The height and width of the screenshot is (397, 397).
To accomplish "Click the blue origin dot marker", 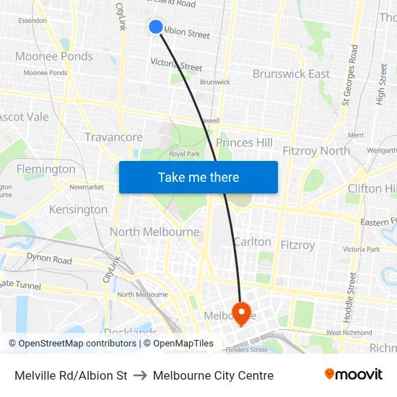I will pos(156,27).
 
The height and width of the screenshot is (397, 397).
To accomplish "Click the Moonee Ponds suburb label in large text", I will pos(54,56).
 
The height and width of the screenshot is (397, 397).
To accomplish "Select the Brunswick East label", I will pos(291,74).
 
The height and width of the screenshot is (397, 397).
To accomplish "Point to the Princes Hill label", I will pos(245,143).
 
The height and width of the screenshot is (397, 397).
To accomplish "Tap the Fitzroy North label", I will pos(316,151).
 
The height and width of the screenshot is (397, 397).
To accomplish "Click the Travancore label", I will pos(113,137).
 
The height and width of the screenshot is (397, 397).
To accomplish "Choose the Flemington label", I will pos(45,169).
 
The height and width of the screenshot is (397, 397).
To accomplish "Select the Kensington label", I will pos(78,209).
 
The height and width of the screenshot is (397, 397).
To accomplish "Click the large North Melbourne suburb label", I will pos(154,232).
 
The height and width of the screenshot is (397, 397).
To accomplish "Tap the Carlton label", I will pos(253,242).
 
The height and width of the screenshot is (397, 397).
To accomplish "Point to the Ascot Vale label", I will pos(24,117).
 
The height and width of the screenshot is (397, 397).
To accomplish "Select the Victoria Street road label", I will pos(176,65).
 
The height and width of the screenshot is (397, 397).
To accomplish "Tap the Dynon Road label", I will pos(49,258).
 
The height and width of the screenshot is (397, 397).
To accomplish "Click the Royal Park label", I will pos(184,154).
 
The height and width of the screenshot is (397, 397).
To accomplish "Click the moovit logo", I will pos(354,374).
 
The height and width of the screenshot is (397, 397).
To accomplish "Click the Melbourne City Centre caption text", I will pos(213,375).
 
